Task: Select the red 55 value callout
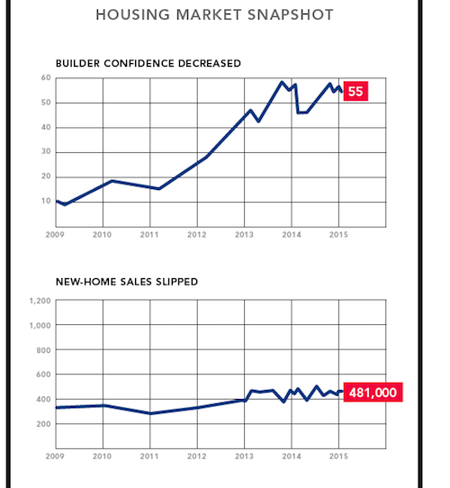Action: click(x=355, y=91)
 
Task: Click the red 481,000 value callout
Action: click(x=373, y=393)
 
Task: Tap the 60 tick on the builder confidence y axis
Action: click(x=46, y=77)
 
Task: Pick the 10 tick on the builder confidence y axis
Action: click(x=46, y=201)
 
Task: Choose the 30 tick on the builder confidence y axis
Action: click(x=46, y=151)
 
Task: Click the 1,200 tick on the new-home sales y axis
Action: click(x=40, y=301)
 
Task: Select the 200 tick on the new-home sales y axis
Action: click(x=43, y=424)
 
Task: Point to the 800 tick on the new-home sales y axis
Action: click(x=43, y=350)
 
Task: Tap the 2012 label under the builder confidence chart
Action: click(x=197, y=235)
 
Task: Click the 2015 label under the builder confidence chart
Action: click(x=338, y=235)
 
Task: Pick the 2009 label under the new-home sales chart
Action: click(x=55, y=456)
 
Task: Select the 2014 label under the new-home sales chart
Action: click(x=292, y=456)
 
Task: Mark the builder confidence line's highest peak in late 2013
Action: click(x=282, y=82)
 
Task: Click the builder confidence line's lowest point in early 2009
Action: click(x=65, y=204)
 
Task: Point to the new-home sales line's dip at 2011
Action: click(x=150, y=413)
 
